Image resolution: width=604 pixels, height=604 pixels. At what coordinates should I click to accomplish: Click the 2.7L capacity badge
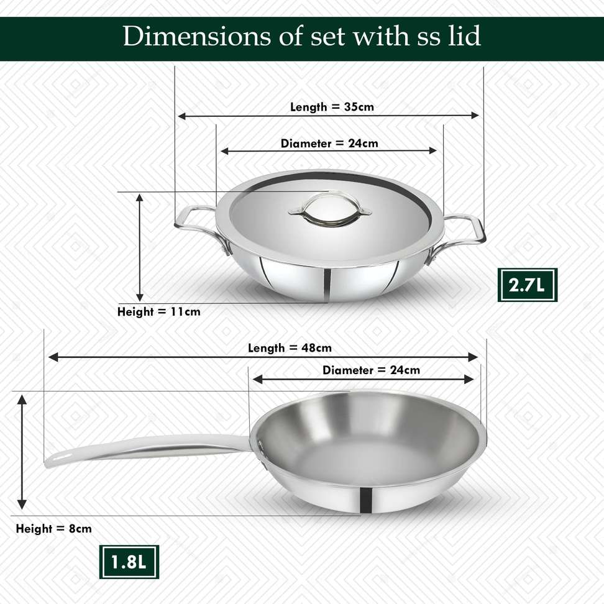pos(528,285)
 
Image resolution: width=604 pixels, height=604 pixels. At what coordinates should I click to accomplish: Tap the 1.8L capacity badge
pos(129,562)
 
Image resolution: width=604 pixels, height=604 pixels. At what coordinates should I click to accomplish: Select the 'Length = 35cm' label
pos(332,107)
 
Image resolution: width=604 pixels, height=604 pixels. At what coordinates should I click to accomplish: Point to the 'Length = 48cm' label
pos(290,348)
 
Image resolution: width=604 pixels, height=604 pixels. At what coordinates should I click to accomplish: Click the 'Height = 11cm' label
pos(158,311)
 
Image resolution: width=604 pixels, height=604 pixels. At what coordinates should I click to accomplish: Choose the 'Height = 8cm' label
pos(54,528)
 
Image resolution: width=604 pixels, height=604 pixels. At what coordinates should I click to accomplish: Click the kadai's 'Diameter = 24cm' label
pos(329,144)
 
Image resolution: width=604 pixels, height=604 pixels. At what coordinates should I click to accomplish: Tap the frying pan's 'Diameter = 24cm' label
pos(372,370)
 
